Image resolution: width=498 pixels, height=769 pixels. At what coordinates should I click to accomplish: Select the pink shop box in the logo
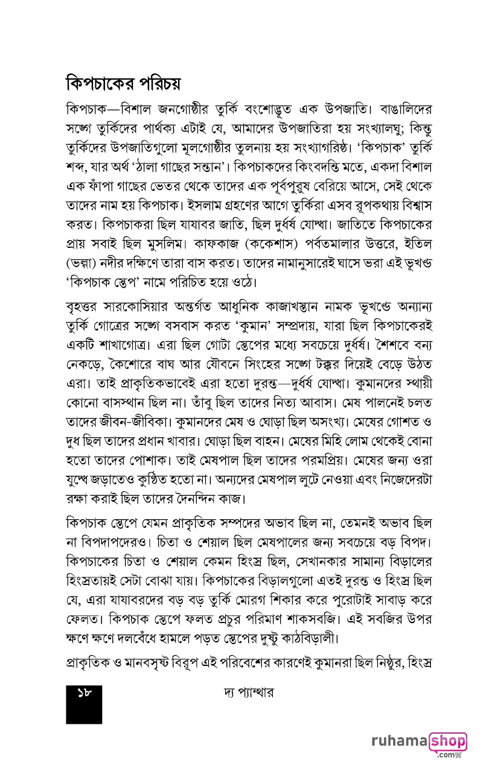point(448,741)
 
